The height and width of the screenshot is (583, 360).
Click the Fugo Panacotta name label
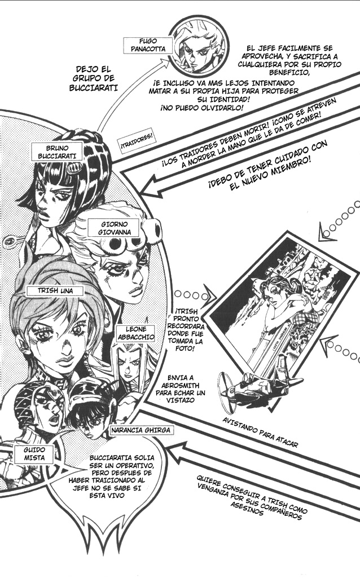(x=148, y=45)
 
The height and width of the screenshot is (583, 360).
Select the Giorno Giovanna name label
(x=115, y=228)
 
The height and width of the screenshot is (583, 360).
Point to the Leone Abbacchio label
(x=135, y=333)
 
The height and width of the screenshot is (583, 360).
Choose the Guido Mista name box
(x=34, y=454)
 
